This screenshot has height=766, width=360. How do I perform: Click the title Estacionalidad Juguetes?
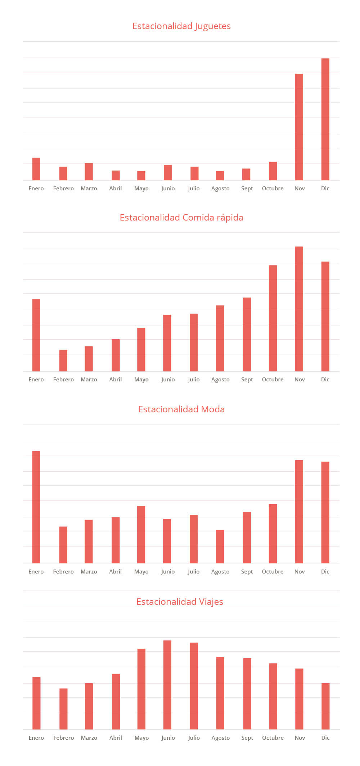tap(181, 26)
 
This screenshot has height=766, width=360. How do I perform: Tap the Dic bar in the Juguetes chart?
tap(325, 119)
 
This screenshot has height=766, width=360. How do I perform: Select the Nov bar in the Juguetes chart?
tap(299, 127)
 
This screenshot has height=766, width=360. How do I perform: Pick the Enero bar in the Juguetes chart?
tap(36, 169)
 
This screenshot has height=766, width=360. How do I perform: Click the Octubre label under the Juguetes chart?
tap(273, 189)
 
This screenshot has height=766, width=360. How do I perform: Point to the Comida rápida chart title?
tap(181, 218)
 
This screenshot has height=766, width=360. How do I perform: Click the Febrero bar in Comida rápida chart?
tap(63, 361)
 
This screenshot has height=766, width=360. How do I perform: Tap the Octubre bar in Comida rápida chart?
tap(273, 318)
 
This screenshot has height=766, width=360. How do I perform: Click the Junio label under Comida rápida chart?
tap(168, 380)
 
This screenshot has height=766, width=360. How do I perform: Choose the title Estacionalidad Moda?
tap(181, 409)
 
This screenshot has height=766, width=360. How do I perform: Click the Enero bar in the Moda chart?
tap(36, 507)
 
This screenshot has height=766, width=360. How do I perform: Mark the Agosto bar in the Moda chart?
tap(220, 547)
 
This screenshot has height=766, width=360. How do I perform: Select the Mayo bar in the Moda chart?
tap(141, 534)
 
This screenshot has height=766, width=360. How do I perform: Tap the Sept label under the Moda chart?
tap(247, 572)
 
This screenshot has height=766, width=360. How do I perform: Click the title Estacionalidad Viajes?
tap(180, 602)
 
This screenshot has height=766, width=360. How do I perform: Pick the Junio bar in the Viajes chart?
tap(167, 685)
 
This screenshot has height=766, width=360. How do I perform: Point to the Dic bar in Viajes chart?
tap(325, 706)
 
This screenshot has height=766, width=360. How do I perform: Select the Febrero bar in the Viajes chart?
tap(63, 709)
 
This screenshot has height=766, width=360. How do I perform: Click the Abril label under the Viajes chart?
tap(116, 738)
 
